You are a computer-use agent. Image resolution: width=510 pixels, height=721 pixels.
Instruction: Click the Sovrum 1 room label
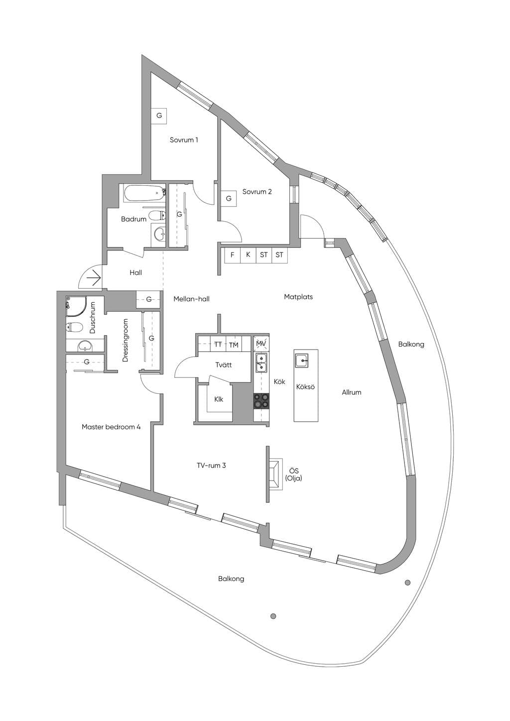[x=184, y=140]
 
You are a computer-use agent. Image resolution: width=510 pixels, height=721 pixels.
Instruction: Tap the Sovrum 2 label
[x=257, y=192]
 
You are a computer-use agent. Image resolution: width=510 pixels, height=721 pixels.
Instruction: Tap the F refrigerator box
[x=232, y=255]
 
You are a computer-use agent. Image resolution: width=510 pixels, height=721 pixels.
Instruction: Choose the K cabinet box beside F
[x=248, y=255]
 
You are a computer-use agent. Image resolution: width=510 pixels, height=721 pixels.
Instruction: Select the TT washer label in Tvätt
[x=218, y=345]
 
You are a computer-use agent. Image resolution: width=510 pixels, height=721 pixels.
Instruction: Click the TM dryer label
[x=234, y=345]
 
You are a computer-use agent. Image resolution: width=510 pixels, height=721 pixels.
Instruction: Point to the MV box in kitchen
[x=261, y=344]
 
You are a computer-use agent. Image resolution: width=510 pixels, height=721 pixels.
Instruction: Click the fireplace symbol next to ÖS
[x=274, y=474]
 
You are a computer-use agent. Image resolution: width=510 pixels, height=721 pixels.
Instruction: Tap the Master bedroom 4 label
[x=111, y=427]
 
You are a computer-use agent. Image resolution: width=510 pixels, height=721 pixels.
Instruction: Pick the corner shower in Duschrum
[x=76, y=305]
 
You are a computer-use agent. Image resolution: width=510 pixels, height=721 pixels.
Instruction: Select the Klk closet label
[x=219, y=399]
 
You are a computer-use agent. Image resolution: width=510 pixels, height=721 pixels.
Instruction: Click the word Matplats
[x=298, y=297]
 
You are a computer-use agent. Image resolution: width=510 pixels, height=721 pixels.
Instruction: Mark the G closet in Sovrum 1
[x=159, y=115]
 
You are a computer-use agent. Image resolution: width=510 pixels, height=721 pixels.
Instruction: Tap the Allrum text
[x=352, y=392]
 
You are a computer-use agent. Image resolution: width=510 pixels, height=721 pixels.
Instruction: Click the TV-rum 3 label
[x=211, y=466]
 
